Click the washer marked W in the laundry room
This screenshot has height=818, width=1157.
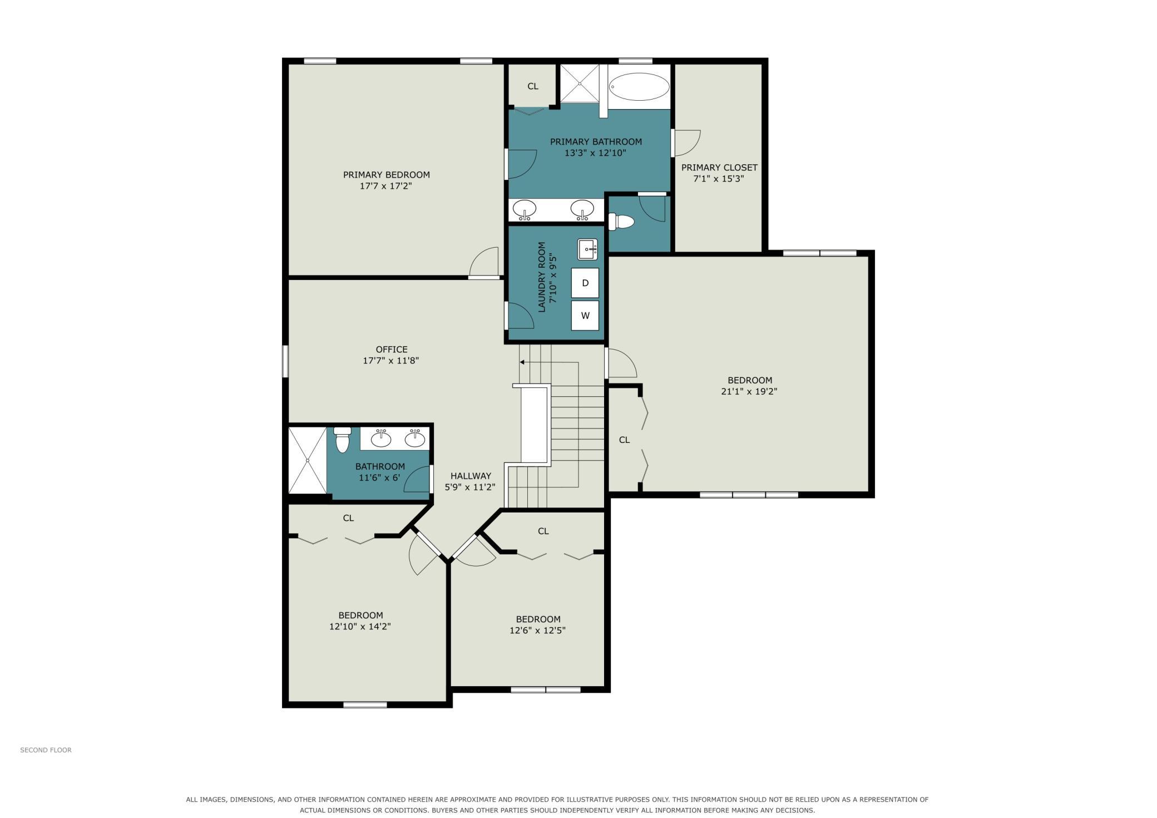pyautogui.click(x=585, y=316)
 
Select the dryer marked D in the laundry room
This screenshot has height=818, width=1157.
pyautogui.click(x=585, y=283)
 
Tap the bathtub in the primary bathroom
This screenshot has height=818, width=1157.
pyautogui.click(x=639, y=87)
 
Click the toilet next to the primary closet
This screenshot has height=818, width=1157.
pyautogui.click(x=621, y=222)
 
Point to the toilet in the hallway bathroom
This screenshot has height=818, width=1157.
pyautogui.click(x=342, y=440)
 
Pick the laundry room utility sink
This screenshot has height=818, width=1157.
pyautogui.click(x=587, y=249)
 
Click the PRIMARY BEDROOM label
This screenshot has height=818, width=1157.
pyautogui.click(x=387, y=175)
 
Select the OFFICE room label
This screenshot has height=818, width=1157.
pyautogui.click(x=392, y=349)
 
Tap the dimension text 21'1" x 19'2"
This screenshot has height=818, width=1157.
pyautogui.click(x=749, y=391)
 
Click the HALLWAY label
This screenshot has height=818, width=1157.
pyautogui.click(x=471, y=476)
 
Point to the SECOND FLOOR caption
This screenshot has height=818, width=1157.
pyautogui.click(x=46, y=750)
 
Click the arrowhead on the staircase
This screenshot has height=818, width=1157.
pyautogui.click(x=522, y=362)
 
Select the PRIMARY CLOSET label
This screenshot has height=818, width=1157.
pyautogui.click(x=719, y=167)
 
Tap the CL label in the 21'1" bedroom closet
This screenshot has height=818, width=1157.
pyautogui.click(x=624, y=440)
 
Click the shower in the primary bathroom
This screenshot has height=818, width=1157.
pyautogui.click(x=580, y=83)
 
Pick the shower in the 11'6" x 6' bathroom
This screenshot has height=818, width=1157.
pyautogui.click(x=308, y=460)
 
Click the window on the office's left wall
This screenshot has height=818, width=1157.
pyautogui.click(x=285, y=361)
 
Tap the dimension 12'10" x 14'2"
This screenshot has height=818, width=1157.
pyautogui.click(x=360, y=627)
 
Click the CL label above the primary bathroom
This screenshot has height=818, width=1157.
pyautogui.click(x=533, y=86)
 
